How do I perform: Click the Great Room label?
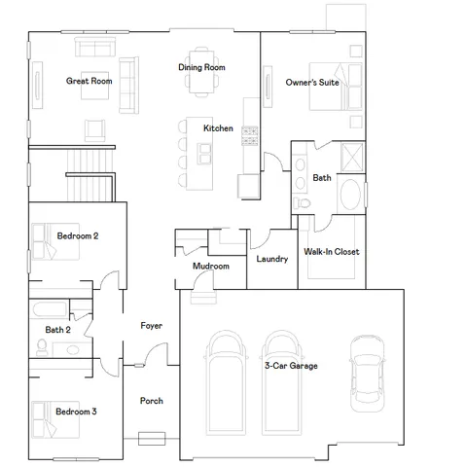point(89,82)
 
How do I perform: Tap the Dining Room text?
point(201,68)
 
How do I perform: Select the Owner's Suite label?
point(312,84)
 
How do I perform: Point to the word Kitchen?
point(217,128)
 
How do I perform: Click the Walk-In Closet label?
point(331,252)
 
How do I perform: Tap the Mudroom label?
point(211,267)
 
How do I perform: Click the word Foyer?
point(151,326)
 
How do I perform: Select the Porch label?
point(151,401)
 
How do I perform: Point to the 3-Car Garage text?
point(291,366)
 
